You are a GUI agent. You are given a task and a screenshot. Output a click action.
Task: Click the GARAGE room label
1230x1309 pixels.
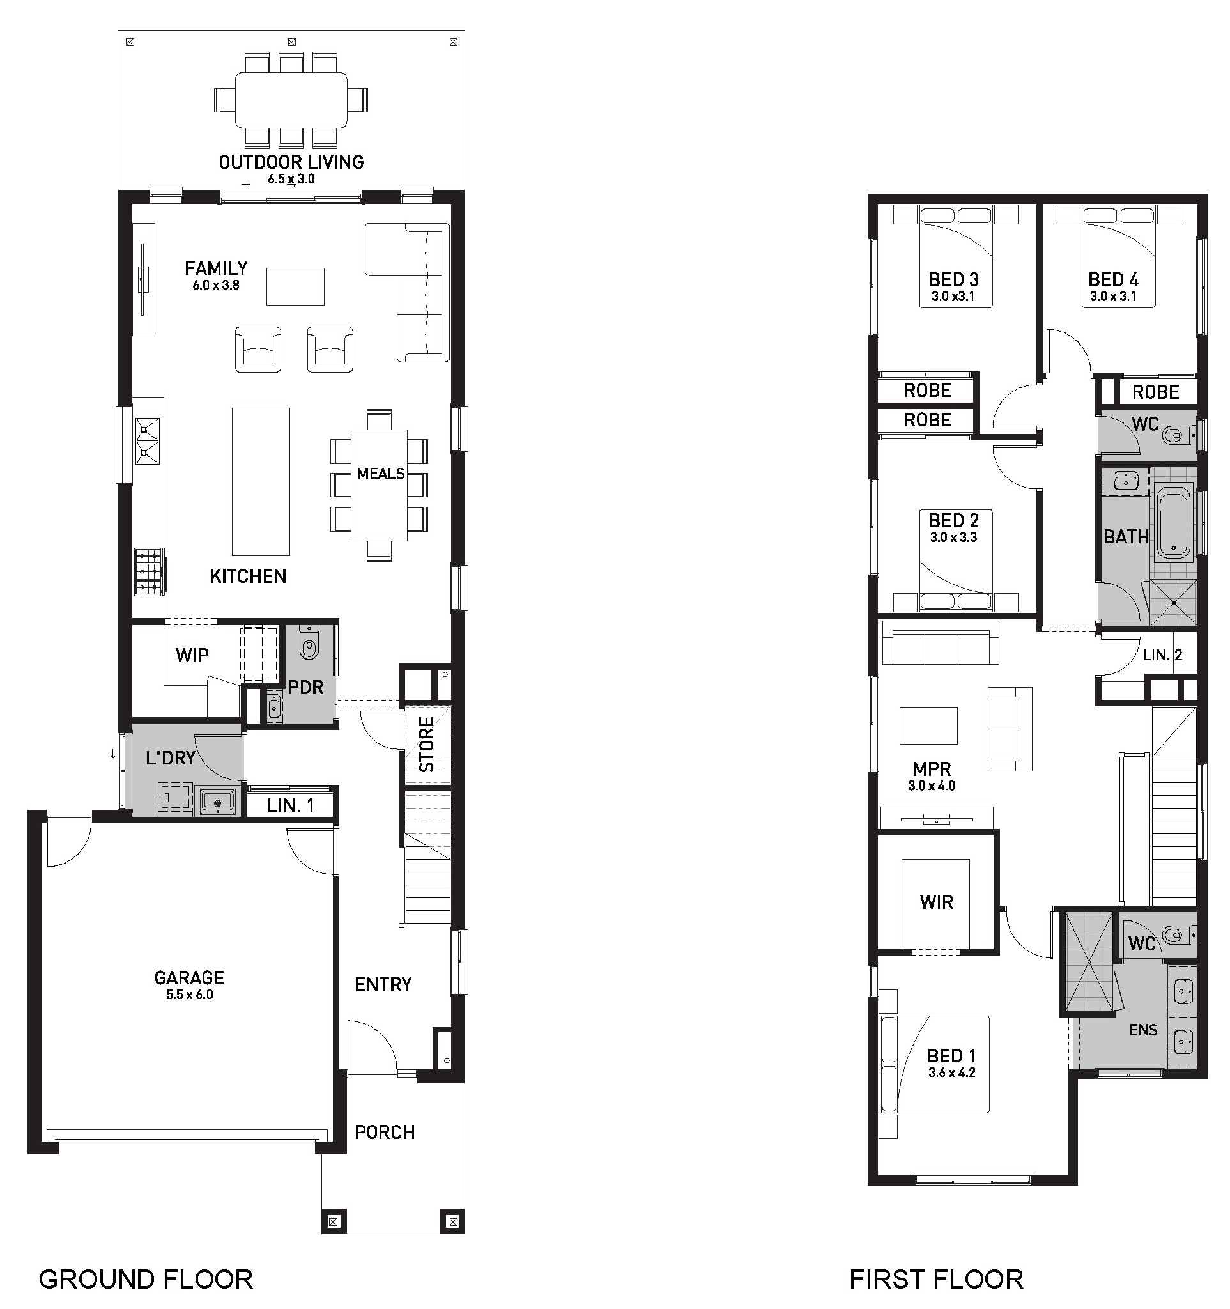[x=189, y=978]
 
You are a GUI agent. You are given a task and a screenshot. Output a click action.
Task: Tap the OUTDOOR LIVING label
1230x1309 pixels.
[x=291, y=162]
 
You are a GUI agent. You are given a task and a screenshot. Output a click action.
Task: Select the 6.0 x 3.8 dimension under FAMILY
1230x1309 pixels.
[x=216, y=285]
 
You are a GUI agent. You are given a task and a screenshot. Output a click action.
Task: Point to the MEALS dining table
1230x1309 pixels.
[x=379, y=484]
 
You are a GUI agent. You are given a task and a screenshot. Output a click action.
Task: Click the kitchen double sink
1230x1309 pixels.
[x=148, y=440]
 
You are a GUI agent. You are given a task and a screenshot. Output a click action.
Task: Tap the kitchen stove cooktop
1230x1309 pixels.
[x=150, y=571]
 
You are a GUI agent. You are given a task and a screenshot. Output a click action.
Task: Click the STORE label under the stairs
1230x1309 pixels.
[x=427, y=745]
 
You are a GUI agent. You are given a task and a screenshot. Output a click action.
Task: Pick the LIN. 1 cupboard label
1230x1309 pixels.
[x=291, y=805]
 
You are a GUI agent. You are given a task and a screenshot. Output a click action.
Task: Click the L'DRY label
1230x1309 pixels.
[x=171, y=758]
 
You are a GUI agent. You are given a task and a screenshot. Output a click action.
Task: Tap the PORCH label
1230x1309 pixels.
[x=385, y=1133]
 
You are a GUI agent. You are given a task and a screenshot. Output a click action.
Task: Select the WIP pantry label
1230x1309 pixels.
[x=192, y=655]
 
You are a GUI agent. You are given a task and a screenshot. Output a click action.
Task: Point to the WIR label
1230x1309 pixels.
[x=937, y=902]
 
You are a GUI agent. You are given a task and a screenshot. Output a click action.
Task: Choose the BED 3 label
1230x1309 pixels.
[x=953, y=280]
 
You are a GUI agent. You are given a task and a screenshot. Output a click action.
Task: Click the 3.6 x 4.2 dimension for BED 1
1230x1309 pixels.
[x=951, y=1073]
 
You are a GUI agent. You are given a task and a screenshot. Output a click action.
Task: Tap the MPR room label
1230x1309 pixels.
[x=931, y=768]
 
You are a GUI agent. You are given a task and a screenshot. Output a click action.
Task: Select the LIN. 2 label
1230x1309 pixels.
[x=1162, y=655]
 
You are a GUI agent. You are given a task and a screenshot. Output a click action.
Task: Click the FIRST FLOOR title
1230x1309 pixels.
[x=936, y=1280]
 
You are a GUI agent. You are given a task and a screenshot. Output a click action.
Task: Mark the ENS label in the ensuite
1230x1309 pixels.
[x=1143, y=1030]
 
